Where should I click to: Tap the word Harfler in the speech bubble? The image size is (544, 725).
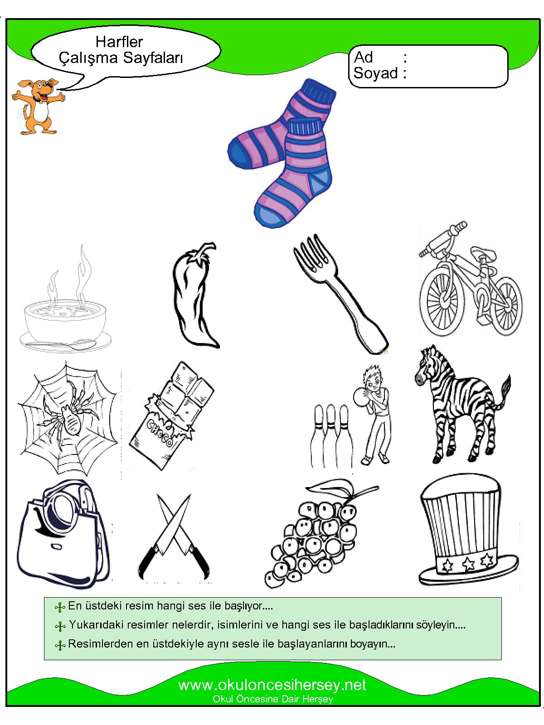coord(119,42)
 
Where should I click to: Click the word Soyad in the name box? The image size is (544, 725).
coord(375,73)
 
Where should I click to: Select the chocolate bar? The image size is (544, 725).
coord(171,415)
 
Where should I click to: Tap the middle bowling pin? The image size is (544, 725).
coord(330,435)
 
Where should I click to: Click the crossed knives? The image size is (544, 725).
coord(174,537)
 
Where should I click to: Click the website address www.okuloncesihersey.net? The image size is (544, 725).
coord(272,685)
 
